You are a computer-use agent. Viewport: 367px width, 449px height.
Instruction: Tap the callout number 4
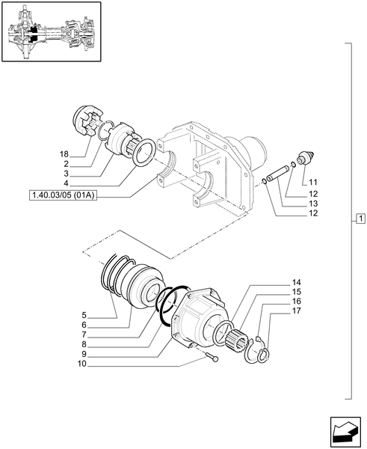66,183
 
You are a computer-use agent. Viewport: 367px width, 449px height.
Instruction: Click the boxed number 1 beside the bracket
360,219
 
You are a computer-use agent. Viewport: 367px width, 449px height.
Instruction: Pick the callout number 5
85,314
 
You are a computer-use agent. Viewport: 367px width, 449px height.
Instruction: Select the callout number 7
85,335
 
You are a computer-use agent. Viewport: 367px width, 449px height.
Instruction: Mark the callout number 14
296,283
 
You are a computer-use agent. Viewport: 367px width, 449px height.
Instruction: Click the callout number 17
296,312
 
